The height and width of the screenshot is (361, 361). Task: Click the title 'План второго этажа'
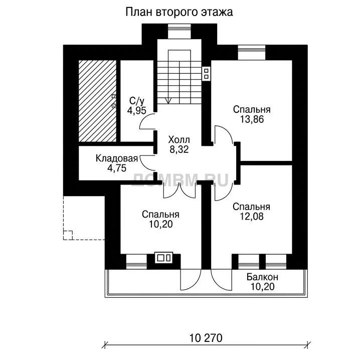coord(179,12)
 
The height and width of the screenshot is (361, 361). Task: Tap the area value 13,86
coord(252,119)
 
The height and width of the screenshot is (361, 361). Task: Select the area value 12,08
coord(252,217)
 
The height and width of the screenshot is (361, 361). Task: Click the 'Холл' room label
coord(179,140)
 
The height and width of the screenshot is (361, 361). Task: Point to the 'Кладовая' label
coord(117,158)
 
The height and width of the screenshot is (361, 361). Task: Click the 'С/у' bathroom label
coord(137,101)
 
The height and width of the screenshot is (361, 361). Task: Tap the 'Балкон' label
coord(262,277)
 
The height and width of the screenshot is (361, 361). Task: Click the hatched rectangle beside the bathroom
coord(97,101)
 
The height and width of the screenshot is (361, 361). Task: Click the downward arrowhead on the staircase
coord(168,101)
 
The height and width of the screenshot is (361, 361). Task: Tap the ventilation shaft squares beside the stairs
coord(206,74)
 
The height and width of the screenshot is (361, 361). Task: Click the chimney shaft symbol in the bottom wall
coord(163,258)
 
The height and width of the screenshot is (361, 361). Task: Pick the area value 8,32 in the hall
coord(179,149)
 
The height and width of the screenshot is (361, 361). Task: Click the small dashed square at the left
coord(68,235)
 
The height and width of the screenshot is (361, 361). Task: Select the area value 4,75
coord(117,168)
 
